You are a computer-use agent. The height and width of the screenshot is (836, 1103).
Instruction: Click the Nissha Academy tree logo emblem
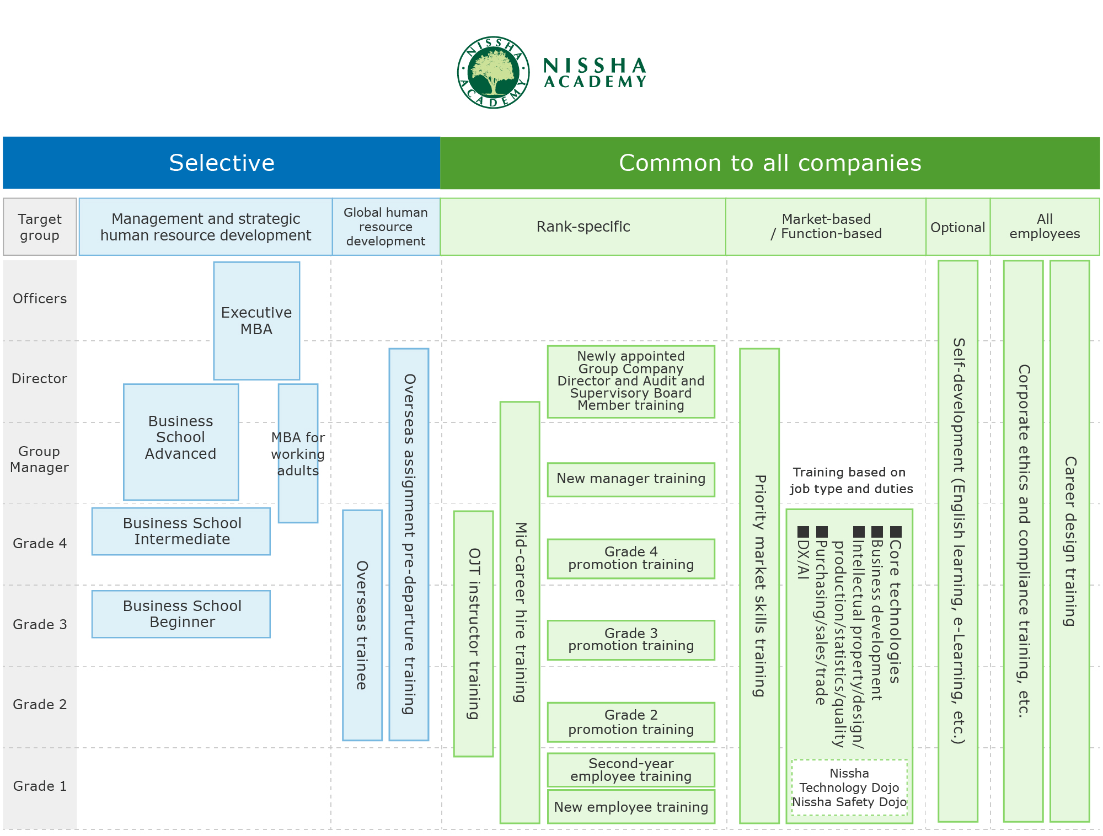pyautogui.click(x=493, y=72)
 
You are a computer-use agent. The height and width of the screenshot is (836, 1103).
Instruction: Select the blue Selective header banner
pyautogui.click(x=222, y=163)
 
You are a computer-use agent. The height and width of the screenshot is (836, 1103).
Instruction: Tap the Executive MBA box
pyautogui.click(x=256, y=320)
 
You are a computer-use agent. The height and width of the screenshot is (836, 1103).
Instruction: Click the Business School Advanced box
pyautogui.click(x=181, y=442)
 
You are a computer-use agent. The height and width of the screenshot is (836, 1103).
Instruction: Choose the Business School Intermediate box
pyautogui.click(x=181, y=531)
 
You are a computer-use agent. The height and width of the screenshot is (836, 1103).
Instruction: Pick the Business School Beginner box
pyautogui.click(x=181, y=614)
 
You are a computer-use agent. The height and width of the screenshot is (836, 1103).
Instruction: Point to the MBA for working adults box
pyautogui.click(x=298, y=453)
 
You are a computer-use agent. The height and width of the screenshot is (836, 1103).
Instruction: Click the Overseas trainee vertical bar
pyautogui.click(x=362, y=625)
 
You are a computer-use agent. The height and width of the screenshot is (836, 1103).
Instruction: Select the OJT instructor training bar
pyautogui.click(x=473, y=634)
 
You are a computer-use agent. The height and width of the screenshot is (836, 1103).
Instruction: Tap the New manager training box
pyautogui.click(x=631, y=479)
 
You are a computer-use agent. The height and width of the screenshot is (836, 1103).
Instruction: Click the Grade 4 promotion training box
pyautogui.click(x=631, y=558)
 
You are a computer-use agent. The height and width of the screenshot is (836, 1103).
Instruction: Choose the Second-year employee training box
pyautogui.click(x=631, y=770)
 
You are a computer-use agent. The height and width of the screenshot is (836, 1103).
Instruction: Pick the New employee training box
pyautogui.click(x=631, y=807)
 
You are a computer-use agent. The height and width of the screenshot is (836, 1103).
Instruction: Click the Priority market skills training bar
pyautogui.click(x=759, y=586)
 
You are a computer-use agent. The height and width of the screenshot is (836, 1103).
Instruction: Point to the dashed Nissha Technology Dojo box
pyautogui.click(x=849, y=787)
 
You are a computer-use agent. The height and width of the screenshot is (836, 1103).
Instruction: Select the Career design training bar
pyautogui.click(x=1070, y=541)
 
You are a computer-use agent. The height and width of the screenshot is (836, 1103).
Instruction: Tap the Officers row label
pyautogui.click(x=40, y=299)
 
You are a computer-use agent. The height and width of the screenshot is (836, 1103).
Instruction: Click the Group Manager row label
pyautogui.click(x=40, y=459)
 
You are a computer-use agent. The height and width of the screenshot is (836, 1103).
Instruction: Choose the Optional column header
pyautogui.click(x=958, y=227)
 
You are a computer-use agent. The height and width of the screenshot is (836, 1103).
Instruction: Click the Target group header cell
pyautogui.click(x=40, y=227)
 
